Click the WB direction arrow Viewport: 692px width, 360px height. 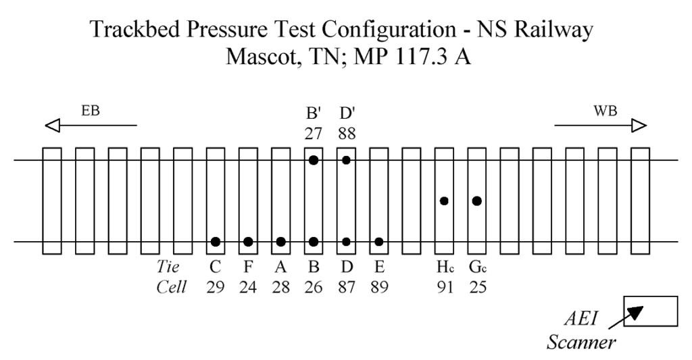[601, 125]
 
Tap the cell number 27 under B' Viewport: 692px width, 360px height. [314, 133]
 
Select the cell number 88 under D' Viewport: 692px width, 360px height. [347, 133]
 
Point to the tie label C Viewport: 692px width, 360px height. [215, 269]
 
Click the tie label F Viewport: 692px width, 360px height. [248, 269]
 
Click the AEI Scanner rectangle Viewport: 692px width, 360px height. [650, 311]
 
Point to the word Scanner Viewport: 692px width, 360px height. [580, 342]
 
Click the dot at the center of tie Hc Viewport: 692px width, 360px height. [444, 201]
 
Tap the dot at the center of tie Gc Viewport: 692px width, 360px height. [477, 201]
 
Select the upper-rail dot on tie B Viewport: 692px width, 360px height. [314, 160]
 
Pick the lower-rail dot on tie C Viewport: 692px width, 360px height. [215, 241]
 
